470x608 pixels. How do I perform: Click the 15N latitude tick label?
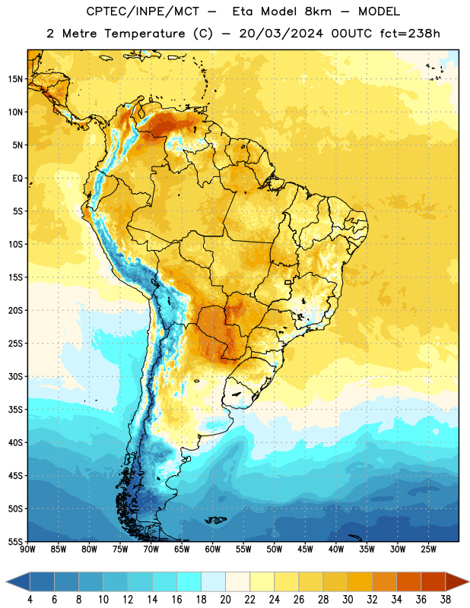coord(15,79)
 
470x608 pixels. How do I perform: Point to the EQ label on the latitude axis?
coord(17,179)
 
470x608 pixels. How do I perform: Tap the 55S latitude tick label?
coord(15,541)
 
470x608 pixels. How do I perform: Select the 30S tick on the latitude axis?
coord(15,376)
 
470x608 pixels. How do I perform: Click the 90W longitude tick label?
coord(27,549)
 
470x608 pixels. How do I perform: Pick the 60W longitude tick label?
coord(213,549)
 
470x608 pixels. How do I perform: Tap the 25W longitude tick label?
coord(428,549)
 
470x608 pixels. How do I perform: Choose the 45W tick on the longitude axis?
coord(305,549)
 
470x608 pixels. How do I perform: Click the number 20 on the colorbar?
coord(225,600)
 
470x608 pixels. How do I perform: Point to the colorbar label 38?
coord(446,600)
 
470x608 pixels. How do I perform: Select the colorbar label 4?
coord(30,600)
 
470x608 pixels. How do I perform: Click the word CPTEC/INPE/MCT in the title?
coord(142,11)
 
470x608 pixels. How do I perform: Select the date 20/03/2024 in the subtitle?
coord(281,33)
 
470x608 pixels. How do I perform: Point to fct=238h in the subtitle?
coord(410,33)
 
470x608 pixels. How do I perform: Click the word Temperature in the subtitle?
coord(145,33)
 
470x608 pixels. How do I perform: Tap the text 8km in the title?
coord(318,11)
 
